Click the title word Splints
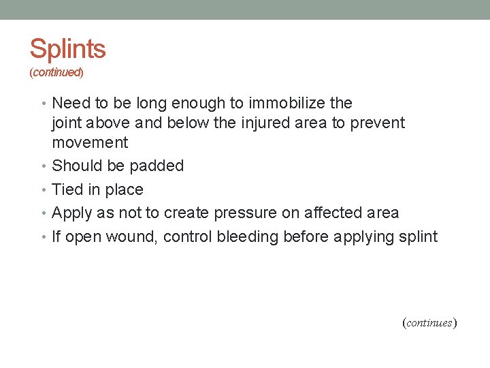coord(67,49)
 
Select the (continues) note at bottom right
coord(429,322)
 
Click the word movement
coord(90,142)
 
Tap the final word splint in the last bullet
coord(419,236)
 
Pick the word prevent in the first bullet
coord(378,123)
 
